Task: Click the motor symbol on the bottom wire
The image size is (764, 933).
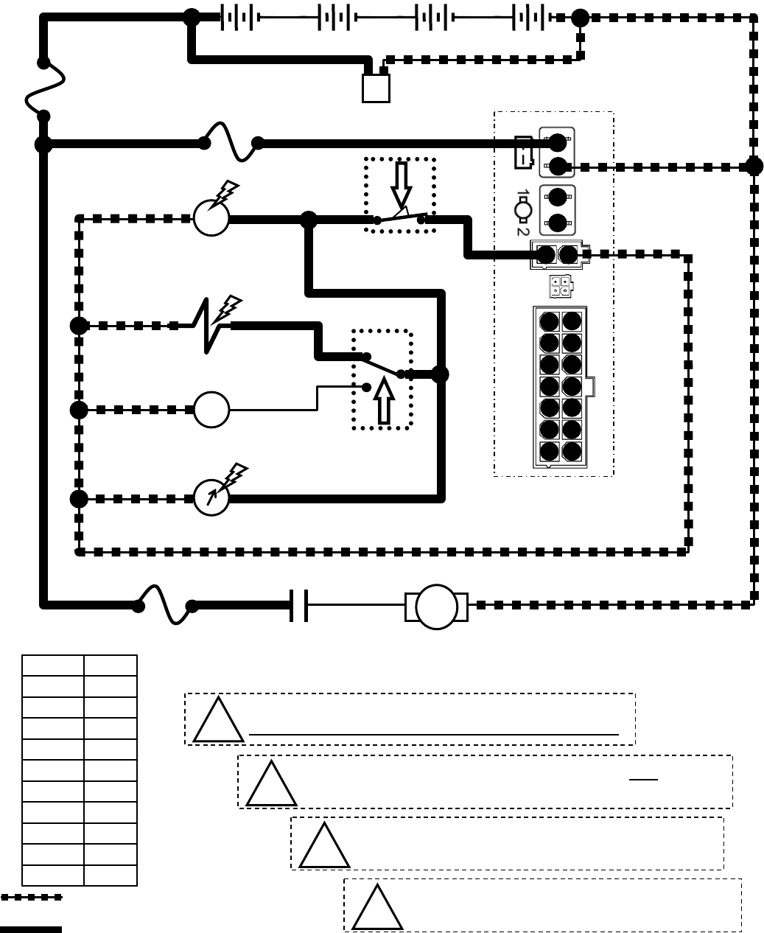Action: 436,607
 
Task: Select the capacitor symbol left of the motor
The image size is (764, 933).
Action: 299,606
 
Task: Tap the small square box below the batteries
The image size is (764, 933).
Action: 376,88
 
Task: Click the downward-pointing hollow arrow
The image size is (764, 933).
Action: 401,184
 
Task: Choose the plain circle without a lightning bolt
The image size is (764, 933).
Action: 211,410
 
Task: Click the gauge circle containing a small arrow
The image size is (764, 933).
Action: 211,498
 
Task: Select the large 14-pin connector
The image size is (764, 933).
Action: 561,387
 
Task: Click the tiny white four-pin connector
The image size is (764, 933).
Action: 559,286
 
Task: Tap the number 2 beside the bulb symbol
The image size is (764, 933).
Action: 522,230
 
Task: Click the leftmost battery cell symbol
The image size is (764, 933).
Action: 237,18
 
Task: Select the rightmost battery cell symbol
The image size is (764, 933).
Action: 529,18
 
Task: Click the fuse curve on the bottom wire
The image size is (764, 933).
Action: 165,604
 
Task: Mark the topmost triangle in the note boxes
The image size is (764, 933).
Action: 218,720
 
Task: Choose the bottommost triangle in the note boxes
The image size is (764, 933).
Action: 377,906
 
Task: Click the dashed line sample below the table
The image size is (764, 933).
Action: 31,898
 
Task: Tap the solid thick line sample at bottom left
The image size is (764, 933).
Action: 31,929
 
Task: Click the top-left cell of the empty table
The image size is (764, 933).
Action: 52,665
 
